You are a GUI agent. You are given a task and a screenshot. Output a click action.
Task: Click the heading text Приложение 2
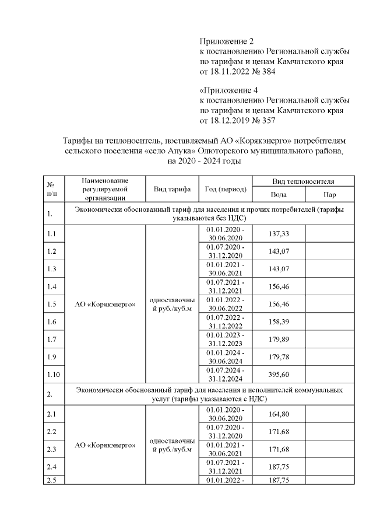click(x=227, y=41)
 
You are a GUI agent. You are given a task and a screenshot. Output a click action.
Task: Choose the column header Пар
click(x=329, y=194)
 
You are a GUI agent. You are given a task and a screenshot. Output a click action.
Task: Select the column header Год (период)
click(x=226, y=189)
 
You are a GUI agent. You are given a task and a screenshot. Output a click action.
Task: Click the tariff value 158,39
click(x=279, y=321)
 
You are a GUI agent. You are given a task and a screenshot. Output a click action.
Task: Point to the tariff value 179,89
click(x=279, y=339)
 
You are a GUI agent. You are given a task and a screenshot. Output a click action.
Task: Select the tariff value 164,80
click(x=279, y=414)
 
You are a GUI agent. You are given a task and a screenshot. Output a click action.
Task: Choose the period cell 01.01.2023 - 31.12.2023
click(x=226, y=339)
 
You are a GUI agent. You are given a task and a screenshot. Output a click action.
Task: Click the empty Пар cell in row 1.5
click(x=329, y=304)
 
